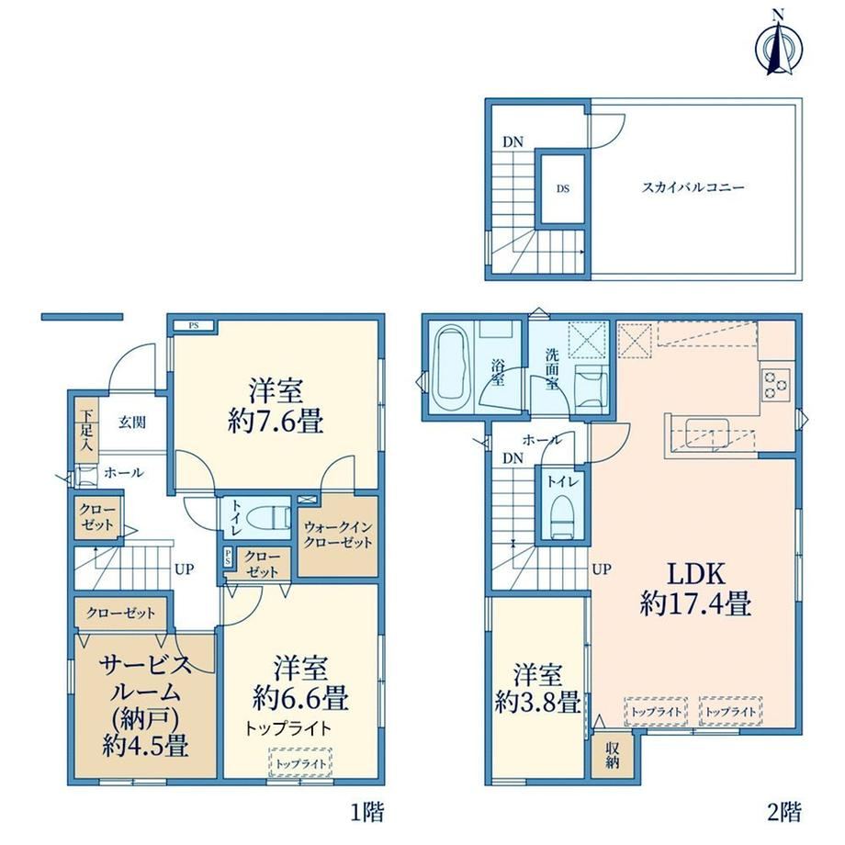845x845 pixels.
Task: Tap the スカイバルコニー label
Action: pyautogui.click(x=693, y=187)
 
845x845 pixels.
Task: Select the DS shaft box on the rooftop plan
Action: pyautogui.click(x=563, y=188)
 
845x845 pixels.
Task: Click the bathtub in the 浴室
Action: pyautogui.click(x=453, y=367)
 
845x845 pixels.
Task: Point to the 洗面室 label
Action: pyautogui.click(x=551, y=369)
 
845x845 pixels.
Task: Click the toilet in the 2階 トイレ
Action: pyautogui.click(x=562, y=516)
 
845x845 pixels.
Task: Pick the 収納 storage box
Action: pyautogui.click(x=612, y=756)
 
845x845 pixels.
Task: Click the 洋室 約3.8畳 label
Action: pyautogui.click(x=538, y=688)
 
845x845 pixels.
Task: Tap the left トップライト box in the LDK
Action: pyautogui.click(x=656, y=711)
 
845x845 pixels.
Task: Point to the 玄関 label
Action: pyautogui.click(x=132, y=422)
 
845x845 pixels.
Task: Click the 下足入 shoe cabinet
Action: pyautogui.click(x=86, y=430)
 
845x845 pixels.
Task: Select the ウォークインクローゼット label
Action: pyautogui.click(x=338, y=534)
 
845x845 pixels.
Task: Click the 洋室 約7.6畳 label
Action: pyautogui.click(x=276, y=406)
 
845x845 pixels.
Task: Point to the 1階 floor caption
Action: pyautogui.click(x=368, y=812)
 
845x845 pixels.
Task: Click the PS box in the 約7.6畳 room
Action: pyautogui.click(x=194, y=325)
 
